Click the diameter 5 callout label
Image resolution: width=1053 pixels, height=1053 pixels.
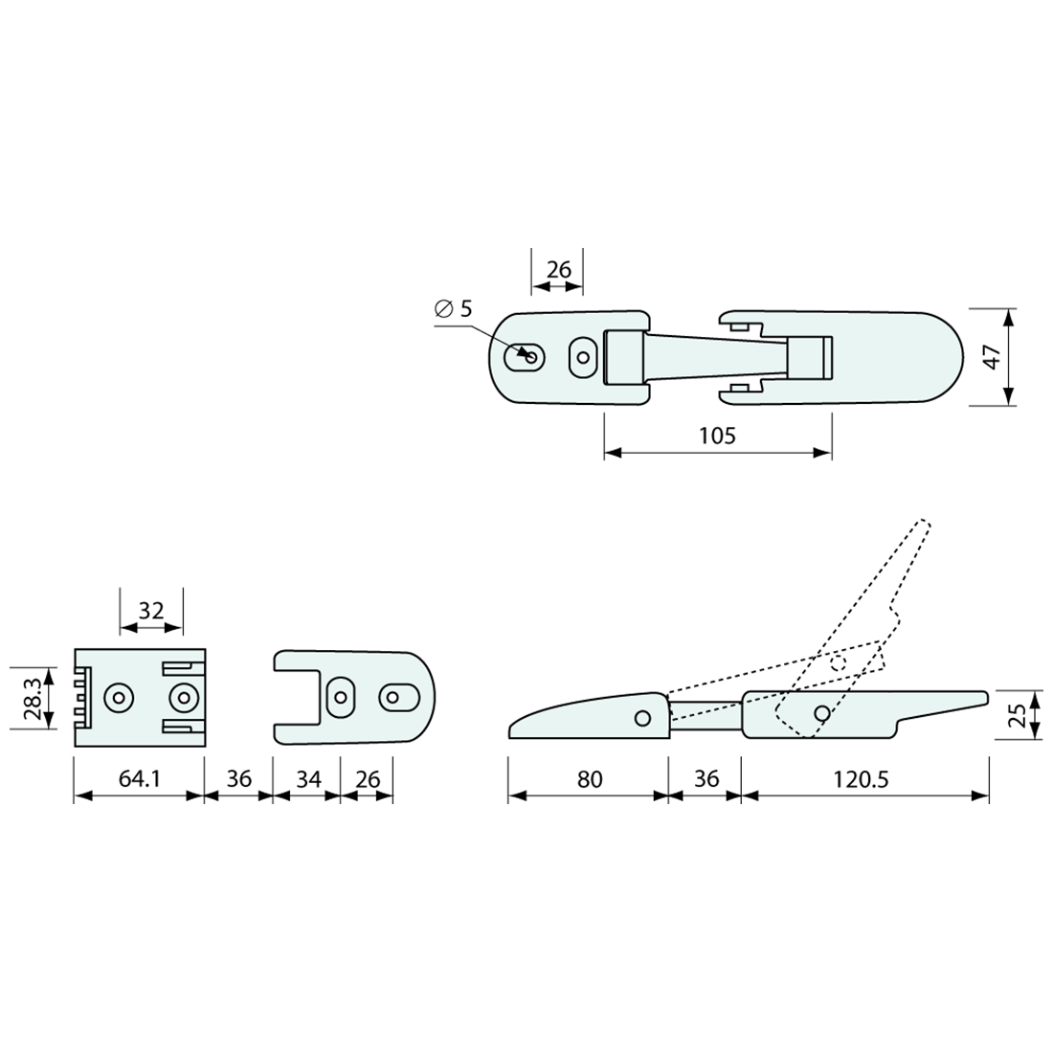[x=454, y=308]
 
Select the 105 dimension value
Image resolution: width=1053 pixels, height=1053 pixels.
[x=717, y=437]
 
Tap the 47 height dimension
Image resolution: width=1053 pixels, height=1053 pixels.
[x=993, y=357]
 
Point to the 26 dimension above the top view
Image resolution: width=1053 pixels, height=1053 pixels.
[x=558, y=270]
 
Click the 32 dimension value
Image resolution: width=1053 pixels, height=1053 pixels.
[x=150, y=611]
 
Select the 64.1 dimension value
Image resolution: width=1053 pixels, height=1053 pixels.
[x=139, y=779]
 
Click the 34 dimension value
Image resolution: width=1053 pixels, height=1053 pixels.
[x=307, y=779]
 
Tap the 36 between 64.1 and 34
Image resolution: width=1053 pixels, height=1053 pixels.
[x=238, y=779]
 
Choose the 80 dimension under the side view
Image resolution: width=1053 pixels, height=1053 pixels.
[x=590, y=779]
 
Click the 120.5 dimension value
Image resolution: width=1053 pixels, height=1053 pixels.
[x=862, y=779]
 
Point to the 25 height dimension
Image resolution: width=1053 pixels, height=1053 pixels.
[x=1018, y=714]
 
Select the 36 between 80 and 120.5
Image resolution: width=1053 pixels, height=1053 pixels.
[x=706, y=779]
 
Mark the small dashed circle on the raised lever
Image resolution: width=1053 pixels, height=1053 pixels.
[x=839, y=662]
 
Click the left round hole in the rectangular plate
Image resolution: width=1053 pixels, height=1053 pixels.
[x=119, y=698]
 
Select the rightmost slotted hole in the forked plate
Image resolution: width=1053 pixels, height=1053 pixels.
[x=393, y=696]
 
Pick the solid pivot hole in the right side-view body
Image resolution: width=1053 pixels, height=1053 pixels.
[x=821, y=713]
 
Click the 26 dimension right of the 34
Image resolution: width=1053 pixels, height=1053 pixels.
[x=368, y=779]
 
